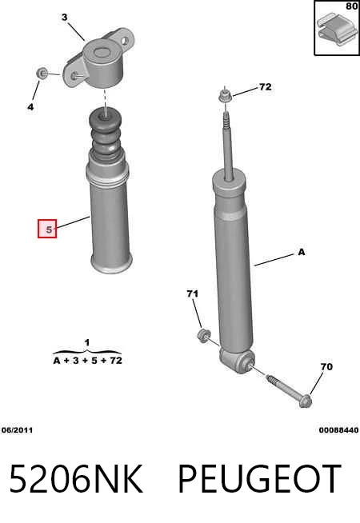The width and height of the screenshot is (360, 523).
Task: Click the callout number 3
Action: [64, 17]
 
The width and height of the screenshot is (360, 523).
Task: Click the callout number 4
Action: [30, 107]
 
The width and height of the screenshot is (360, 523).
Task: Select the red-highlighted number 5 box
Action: [47, 229]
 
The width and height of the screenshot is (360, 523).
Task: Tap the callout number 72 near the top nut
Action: [266, 86]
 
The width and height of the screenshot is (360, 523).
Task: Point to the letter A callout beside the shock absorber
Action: [302, 252]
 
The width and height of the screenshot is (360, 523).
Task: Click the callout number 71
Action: [192, 293]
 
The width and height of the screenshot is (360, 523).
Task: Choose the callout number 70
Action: [326, 366]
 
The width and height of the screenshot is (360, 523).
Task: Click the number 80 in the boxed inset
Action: [352, 6]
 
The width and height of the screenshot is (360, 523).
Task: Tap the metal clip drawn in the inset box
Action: [336, 30]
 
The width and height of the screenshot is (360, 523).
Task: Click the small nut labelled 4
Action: [42, 73]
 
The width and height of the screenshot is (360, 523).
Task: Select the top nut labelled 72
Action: [224, 96]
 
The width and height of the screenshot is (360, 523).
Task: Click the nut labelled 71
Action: [203, 335]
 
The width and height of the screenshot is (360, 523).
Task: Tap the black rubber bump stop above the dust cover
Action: [105, 135]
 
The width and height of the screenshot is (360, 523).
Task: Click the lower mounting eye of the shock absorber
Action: [238, 360]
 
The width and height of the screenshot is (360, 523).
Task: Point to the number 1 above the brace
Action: [87, 342]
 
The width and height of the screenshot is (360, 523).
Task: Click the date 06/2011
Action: [17, 430]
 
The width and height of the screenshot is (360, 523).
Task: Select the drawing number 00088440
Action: [338, 430]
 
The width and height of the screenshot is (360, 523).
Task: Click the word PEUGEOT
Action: [260, 479]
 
